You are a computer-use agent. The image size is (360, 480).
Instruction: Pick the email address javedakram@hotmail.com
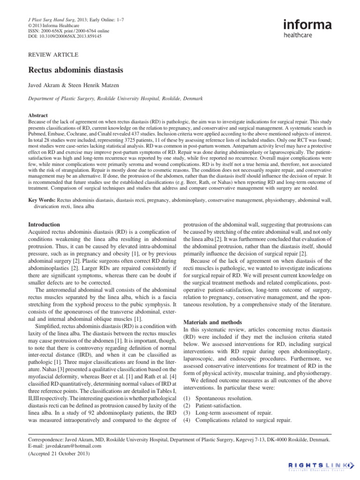click(70, 447)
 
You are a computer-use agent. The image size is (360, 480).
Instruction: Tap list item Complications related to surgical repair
click(243, 420)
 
